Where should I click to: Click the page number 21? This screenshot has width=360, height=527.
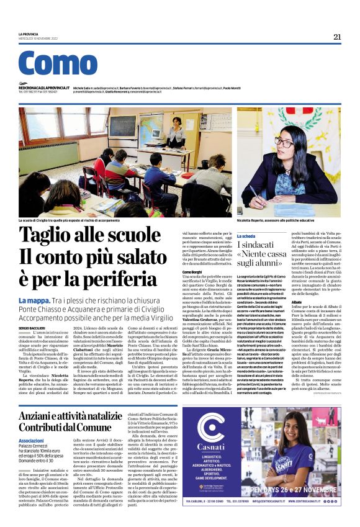tap(337, 37)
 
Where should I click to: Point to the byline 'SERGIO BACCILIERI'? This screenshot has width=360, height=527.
tap(32, 326)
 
